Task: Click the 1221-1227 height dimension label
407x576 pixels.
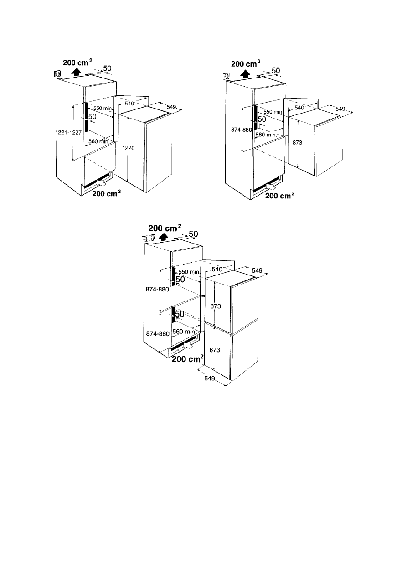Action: point(68,133)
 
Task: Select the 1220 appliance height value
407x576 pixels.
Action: point(128,148)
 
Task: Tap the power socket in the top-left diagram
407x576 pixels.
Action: point(57,74)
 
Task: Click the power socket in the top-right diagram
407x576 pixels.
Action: point(226,76)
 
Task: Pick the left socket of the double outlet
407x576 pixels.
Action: point(144,239)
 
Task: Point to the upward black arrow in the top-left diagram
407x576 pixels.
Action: point(76,71)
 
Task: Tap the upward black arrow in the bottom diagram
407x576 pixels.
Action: point(162,237)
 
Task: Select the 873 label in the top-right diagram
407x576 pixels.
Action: point(297,142)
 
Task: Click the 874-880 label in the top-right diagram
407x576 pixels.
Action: point(242,130)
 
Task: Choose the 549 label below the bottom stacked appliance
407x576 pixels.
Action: point(210,378)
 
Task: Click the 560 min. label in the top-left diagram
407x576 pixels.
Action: point(99,141)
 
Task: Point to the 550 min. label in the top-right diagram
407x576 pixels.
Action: point(273,112)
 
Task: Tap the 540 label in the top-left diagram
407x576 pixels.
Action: point(129,104)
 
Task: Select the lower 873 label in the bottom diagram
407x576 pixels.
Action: point(215,350)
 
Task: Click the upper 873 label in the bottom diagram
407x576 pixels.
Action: point(215,306)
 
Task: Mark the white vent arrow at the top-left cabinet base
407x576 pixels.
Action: point(101,183)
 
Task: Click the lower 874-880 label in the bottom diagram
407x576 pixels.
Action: point(158,333)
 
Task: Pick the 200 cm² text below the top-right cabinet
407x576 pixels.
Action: point(279,196)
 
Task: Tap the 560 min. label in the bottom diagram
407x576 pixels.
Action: point(184,332)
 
